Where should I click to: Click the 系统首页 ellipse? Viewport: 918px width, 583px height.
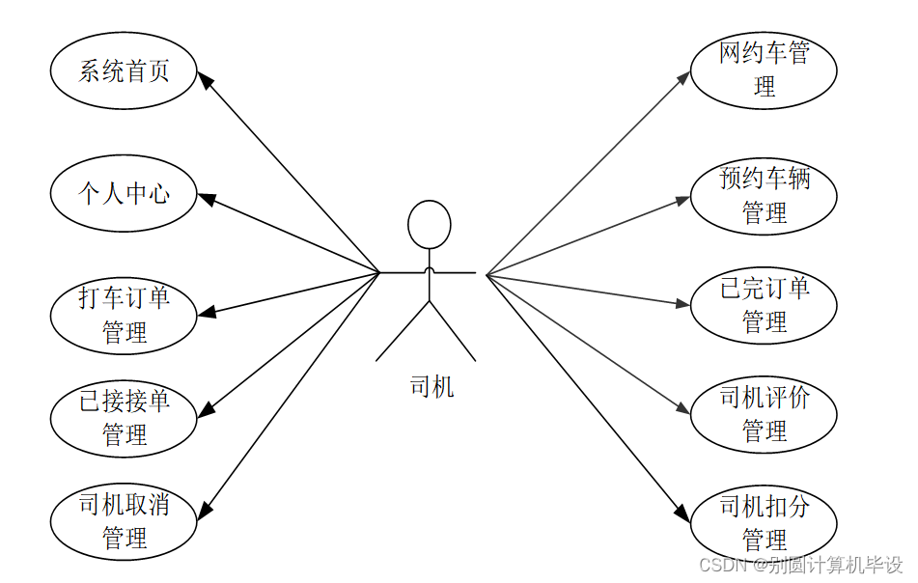click(124, 71)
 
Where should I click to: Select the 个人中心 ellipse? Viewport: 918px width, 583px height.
click(124, 193)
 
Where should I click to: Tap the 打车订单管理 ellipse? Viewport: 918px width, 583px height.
click(124, 315)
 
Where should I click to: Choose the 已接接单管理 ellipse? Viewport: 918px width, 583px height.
click(124, 417)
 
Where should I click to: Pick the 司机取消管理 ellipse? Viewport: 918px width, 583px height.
click(124, 521)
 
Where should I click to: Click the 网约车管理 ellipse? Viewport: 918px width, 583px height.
click(764, 69)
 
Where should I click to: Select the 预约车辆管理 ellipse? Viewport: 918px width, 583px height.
click(764, 195)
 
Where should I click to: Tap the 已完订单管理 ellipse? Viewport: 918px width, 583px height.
click(764, 305)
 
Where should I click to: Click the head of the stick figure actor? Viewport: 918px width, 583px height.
click(430, 225)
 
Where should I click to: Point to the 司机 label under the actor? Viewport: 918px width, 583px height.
click(431, 388)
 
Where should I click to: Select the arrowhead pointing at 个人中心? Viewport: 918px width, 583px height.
click(206, 198)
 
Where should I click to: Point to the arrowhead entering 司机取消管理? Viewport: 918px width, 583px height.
click(204, 511)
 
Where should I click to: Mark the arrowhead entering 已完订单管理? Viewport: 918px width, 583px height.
click(682, 304)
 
